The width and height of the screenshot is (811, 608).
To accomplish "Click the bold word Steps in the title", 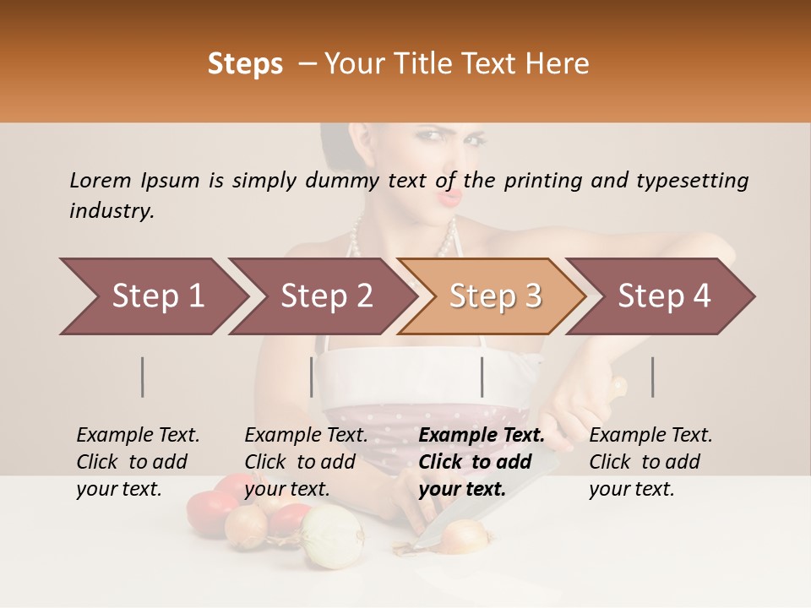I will tap(245, 64).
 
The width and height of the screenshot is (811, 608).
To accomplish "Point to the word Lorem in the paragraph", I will tap(101, 180).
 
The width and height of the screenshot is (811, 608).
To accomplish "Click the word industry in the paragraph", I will tap(111, 210).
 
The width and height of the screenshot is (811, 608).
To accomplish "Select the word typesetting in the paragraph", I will tap(692, 180).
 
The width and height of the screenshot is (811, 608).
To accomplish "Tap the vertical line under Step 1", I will tap(143, 377).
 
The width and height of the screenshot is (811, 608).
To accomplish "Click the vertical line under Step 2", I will tap(312, 377).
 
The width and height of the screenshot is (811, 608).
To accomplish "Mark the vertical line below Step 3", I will tap(482, 377).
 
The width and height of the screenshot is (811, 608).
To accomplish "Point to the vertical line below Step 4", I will tap(653, 377).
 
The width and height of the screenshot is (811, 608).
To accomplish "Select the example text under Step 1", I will tap(138, 462).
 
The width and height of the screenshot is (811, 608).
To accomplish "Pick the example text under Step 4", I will tap(650, 462).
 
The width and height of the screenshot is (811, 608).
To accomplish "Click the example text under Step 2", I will tap(306, 462).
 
